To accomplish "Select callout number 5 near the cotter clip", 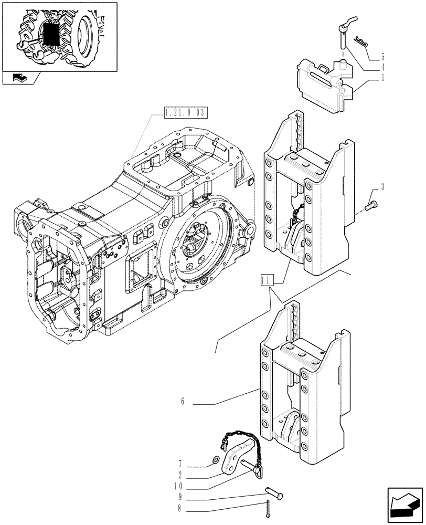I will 383,56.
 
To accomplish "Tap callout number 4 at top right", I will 383,67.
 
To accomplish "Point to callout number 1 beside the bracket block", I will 383,78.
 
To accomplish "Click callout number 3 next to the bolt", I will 383,186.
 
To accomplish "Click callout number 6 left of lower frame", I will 183,403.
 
